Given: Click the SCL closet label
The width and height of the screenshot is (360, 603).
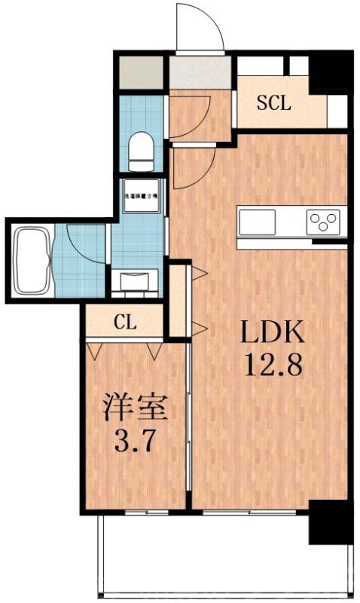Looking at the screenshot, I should [x=273, y=104].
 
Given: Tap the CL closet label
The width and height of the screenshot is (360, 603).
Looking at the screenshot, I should [x=126, y=323].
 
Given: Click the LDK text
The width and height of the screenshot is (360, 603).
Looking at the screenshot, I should [x=273, y=332].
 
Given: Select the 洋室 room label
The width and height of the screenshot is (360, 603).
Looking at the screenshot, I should [x=133, y=409].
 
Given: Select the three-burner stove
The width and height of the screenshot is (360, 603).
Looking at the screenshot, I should [x=324, y=222].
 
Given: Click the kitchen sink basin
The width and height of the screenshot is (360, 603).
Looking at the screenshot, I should [x=258, y=222].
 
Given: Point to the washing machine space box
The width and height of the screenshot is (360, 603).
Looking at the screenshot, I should [x=141, y=195].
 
